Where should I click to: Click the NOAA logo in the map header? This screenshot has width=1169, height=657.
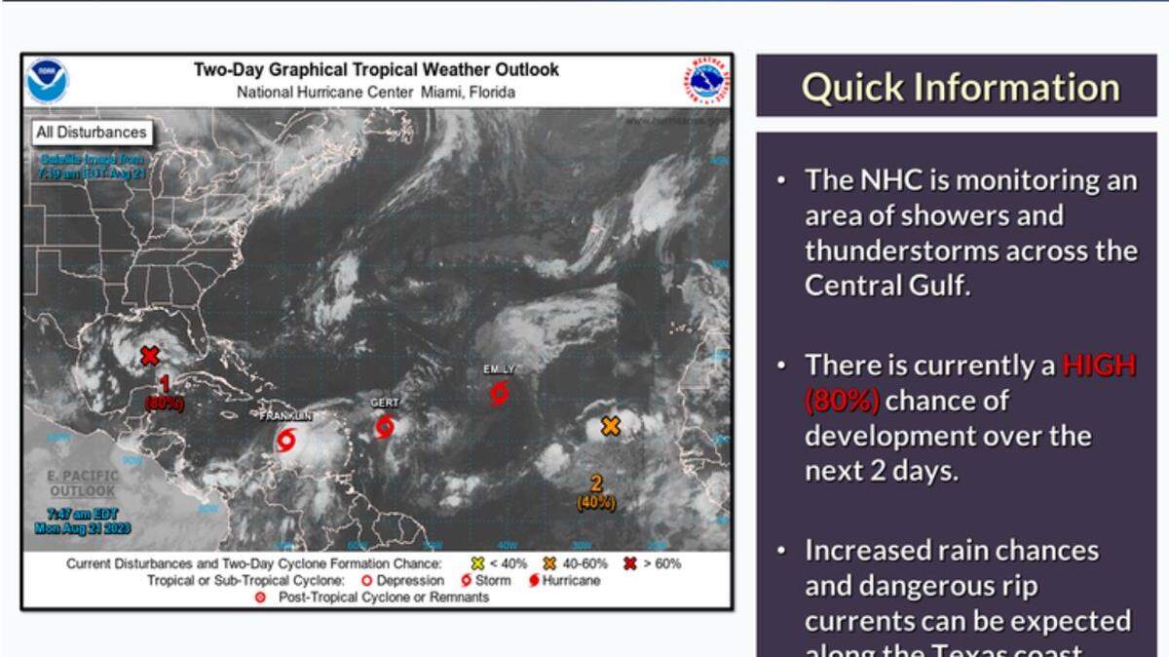click(x=47, y=82)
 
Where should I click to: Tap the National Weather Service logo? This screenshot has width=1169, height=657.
click(x=705, y=82)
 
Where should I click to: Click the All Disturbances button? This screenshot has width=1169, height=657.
click(x=91, y=133)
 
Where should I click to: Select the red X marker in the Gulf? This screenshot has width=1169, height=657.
click(x=149, y=356)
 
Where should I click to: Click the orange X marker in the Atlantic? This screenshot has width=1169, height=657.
click(x=611, y=426)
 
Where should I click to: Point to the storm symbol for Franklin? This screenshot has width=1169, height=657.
click(x=285, y=441)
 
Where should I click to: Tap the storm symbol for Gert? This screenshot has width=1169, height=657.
click(x=385, y=427)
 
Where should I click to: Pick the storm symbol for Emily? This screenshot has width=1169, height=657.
click(x=500, y=393)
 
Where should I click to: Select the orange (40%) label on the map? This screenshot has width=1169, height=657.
click(x=595, y=503)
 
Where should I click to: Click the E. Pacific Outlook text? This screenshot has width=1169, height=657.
click(x=83, y=483)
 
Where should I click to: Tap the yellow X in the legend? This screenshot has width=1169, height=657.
click(x=477, y=563)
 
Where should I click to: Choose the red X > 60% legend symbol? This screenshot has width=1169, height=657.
click(x=629, y=563)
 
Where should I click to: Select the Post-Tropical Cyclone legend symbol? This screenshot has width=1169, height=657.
click(x=260, y=598)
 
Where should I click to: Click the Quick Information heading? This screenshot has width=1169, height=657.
click(x=960, y=87)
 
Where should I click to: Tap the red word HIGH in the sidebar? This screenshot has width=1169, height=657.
click(x=1099, y=366)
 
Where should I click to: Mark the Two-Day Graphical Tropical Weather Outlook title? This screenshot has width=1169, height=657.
click(x=376, y=70)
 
